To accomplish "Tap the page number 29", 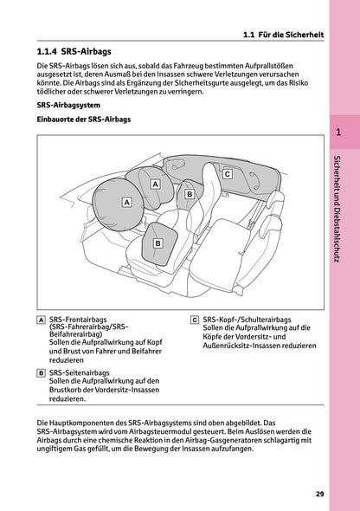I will click(x=319, y=494).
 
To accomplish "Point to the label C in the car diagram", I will click(x=227, y=174).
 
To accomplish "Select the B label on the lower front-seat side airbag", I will click(x=157, y=244).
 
